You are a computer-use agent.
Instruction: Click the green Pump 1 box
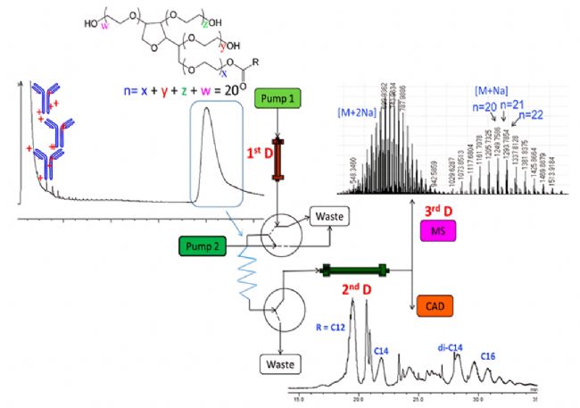(281, 97)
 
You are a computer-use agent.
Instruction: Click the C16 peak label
(488, 356)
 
